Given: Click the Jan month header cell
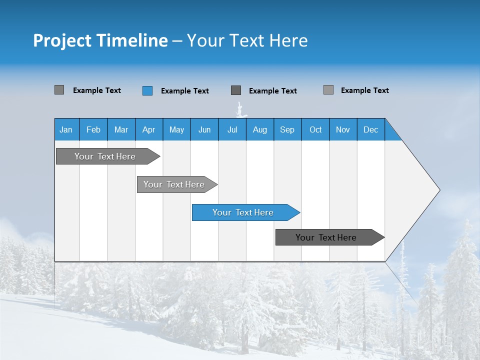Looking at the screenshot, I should click(66, 129).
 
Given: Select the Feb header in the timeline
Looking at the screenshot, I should click(93, 129).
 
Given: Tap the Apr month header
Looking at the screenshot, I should click(148, 129).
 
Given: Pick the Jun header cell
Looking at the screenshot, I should click(204, 129).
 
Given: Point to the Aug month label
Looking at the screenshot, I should click(259, 129).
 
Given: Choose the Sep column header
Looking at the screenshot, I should click(287, 129).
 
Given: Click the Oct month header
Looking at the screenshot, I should click(315, 129).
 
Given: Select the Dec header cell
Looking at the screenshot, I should click(370, 129).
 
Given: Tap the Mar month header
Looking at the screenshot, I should click(121, 129).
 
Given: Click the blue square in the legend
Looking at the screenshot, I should click(147, 90).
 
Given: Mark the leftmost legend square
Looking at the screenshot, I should click(59, 90).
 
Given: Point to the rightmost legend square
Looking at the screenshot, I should click(328, 90).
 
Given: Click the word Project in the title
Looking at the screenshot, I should click(62, 40).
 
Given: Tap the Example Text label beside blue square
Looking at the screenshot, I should click(185, 91).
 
